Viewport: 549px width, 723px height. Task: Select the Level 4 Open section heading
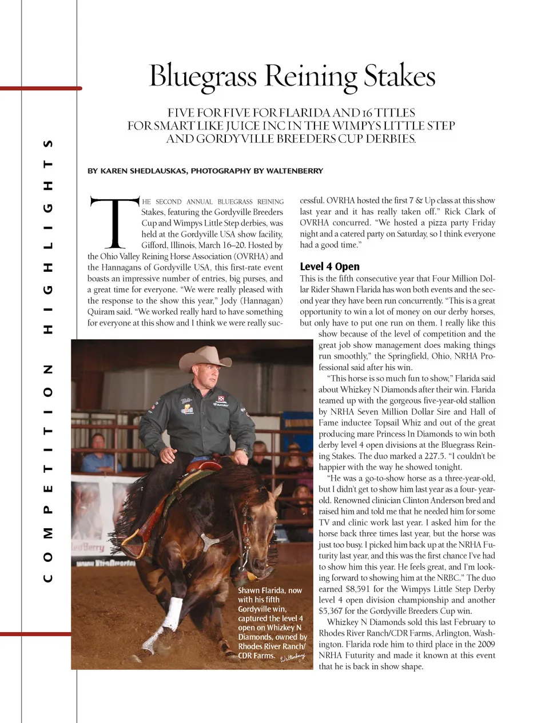[x=329, y=266]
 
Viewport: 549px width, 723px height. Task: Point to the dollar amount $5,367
[x=330, y=611]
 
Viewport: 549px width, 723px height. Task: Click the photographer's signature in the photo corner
[x=292, y=658]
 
